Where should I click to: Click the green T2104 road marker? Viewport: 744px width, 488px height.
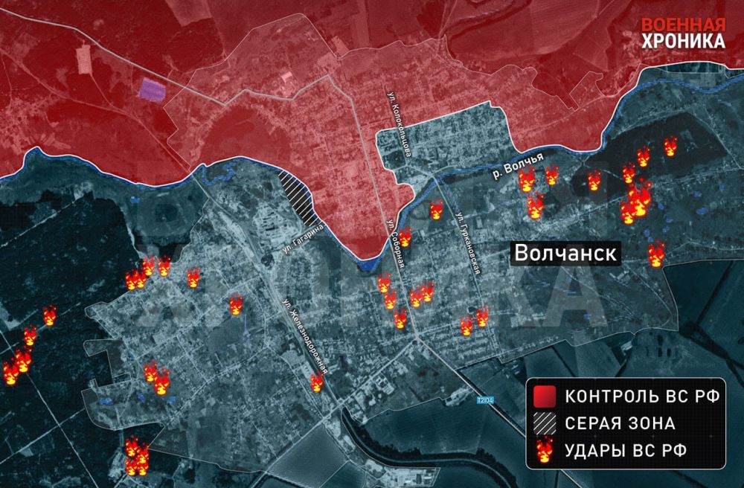[x=484, y=400]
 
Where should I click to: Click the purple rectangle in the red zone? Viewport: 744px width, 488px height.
[x=152, y=90]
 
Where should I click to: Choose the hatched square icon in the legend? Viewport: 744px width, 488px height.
[x=545, y=423]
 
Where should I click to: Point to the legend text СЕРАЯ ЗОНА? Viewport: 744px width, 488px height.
[x=620, y=423]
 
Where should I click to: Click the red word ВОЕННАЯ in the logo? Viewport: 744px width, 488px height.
[x=684, y=22]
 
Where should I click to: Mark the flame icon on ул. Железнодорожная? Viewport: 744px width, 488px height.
[x=317, y=382]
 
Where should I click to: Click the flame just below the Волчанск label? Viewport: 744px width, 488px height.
[x=655, y=255]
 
